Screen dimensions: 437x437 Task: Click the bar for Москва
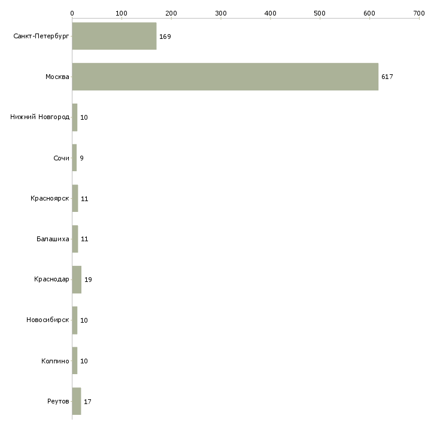pos(225,77)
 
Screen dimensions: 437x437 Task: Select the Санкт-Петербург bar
pos(114,36)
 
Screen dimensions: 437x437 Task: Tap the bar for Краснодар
pos(77,280)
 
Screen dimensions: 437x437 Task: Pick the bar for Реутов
pos(76,401)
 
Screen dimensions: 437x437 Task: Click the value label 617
pos(387,77)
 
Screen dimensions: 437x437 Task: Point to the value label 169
pos(165,37)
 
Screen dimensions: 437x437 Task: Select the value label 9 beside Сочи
pos(81,158)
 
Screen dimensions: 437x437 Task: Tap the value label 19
pos(88,280)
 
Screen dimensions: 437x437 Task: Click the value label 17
pos(87,402)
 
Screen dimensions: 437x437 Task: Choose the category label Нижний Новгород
pos(40,117)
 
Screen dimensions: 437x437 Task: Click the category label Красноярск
pos(50,198)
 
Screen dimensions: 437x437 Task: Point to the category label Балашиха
pos(53,239)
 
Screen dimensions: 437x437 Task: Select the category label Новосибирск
pos(48,320)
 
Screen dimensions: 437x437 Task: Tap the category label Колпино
pos(55,361)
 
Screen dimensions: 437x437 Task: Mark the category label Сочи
pos(61,158)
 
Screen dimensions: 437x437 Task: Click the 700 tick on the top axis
pos(418,13)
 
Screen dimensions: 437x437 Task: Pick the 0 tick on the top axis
pos(72,13)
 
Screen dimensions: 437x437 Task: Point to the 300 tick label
pos(220,13)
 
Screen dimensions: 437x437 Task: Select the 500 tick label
pos(320,13)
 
